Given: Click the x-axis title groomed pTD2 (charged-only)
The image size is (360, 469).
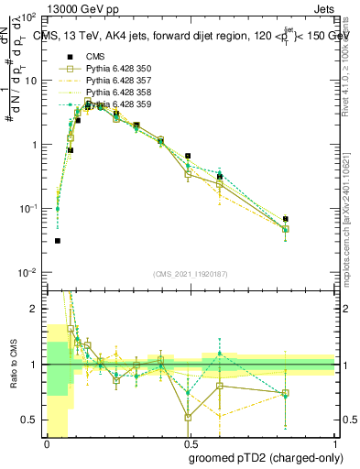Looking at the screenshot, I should (x=262, y=457).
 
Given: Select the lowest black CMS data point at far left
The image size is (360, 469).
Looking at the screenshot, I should (x=57, y=241).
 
